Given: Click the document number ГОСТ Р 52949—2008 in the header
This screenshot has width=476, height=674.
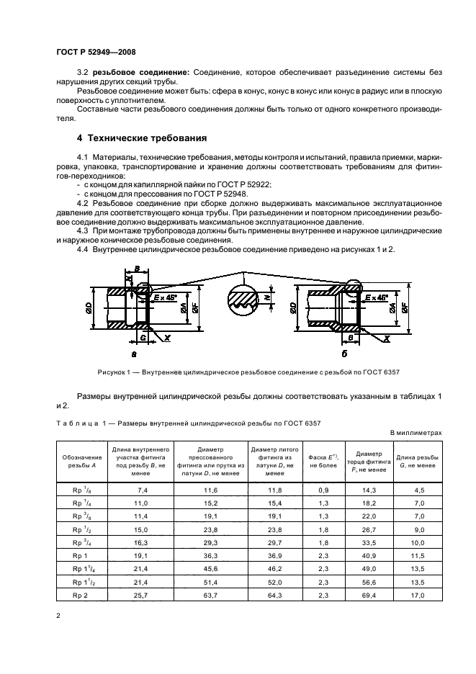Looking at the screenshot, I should (x=96, y=51).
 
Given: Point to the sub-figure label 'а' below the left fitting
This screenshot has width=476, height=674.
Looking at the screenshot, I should (x=134, y=355).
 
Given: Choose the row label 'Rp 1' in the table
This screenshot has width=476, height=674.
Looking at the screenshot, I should (x=69, y=557).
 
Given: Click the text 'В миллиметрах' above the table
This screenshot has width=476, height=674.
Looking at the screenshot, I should (x=415, y=432).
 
